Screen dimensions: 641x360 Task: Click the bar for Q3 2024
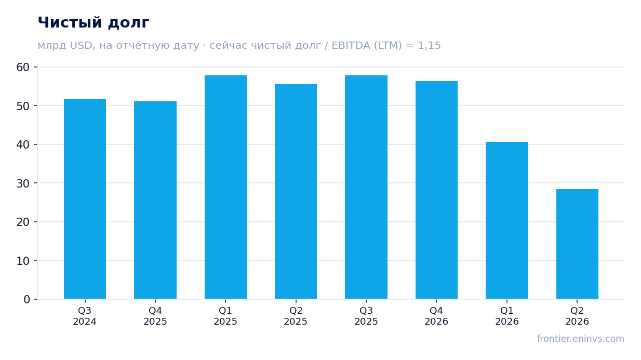(85, 199)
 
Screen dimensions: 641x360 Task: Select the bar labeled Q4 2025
(155, 200)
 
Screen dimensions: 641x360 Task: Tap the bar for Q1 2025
(225, 187)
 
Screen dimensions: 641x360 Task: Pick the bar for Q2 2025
(296, 192)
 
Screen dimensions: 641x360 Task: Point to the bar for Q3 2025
(366, 187)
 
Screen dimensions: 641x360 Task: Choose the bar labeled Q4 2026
(436, 190)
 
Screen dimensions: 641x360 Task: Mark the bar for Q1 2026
(506, 220)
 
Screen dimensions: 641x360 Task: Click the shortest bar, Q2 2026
(577, 244)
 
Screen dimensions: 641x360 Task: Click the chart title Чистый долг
(94, 23)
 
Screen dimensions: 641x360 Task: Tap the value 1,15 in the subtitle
(429, 46)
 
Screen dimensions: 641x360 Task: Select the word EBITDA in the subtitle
(351, 45)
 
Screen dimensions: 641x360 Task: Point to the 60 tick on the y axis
(23, 67)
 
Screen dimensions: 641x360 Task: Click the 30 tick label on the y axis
(23, 183)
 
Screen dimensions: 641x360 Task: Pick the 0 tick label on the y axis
(26, 300)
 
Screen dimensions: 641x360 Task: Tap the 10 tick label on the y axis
(23, 261)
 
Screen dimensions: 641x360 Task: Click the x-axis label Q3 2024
(85, 316)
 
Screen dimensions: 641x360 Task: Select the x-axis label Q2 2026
(577, 316)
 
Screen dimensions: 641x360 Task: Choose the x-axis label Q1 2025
(225, 316)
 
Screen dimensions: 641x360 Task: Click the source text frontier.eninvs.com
(580, 339)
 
